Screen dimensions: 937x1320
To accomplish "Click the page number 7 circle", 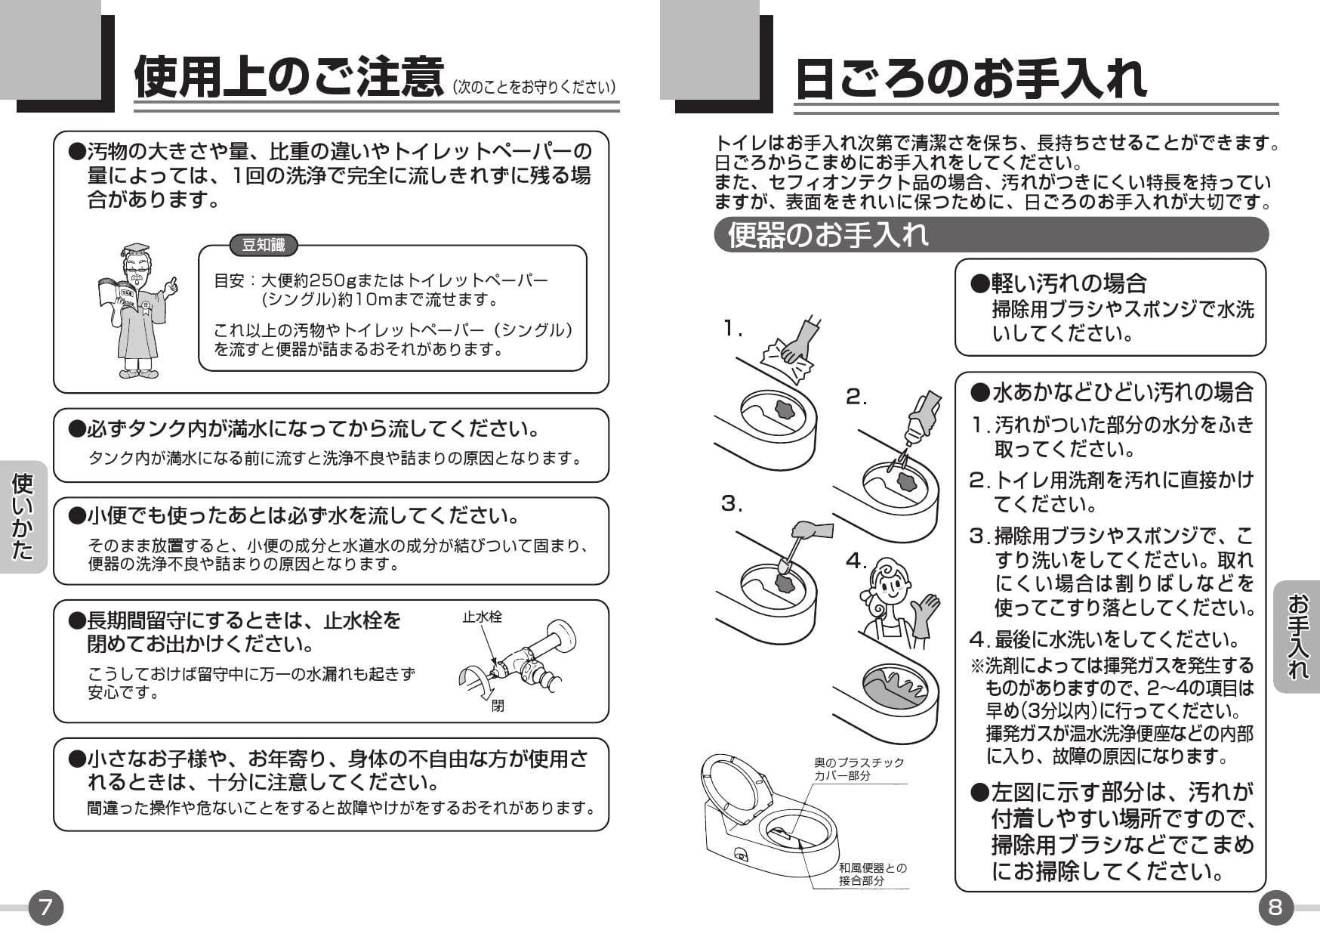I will [x=45, y=907].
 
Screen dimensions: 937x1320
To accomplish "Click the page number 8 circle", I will [x=1275, y=907].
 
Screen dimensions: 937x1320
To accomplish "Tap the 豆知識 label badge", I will [x=263, y=245].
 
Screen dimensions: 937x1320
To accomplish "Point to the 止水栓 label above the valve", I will [x=482, y=617].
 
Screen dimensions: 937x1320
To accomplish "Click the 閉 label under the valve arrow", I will [x=498, y=706].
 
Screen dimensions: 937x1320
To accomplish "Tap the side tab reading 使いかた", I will [x=23, y=517].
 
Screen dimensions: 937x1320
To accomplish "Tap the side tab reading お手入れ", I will [x=1297, y=636].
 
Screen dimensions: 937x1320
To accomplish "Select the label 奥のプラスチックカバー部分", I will [x=858, y=769].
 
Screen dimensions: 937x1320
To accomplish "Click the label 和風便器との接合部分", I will [x=872, y=874].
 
